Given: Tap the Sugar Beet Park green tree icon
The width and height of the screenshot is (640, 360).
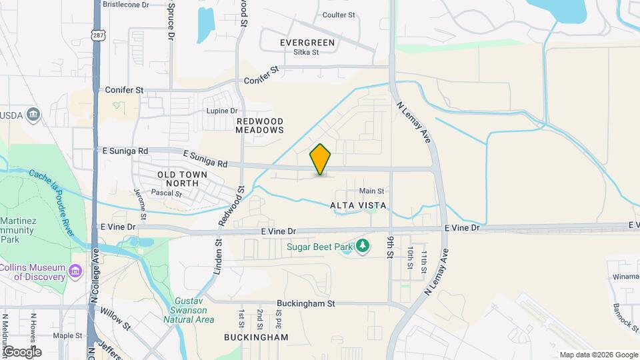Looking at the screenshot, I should (363, 247).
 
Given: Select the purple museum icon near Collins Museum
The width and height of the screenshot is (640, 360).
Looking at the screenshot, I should (75, 271).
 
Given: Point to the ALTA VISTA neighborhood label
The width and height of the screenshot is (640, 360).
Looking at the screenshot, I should (358, 206).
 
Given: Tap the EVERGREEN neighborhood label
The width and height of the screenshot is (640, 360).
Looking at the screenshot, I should (307, 43).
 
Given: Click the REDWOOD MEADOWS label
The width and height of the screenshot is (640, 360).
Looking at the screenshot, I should (259, 125).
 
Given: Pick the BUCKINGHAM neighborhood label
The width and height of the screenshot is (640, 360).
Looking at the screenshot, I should (257, 337).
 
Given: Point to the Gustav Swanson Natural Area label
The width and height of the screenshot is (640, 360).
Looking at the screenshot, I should (189, 310).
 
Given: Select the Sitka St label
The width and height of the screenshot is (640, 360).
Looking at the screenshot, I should (307, 53).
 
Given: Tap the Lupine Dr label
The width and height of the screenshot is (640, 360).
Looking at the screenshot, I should (222, 111).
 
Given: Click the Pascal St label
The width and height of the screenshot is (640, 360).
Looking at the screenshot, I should (166, 193).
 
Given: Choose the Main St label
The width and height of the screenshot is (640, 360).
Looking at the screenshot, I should (371, 191).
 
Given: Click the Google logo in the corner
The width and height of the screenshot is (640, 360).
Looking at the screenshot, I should (21, 351).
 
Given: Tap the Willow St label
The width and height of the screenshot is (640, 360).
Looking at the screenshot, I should (115, 319).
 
